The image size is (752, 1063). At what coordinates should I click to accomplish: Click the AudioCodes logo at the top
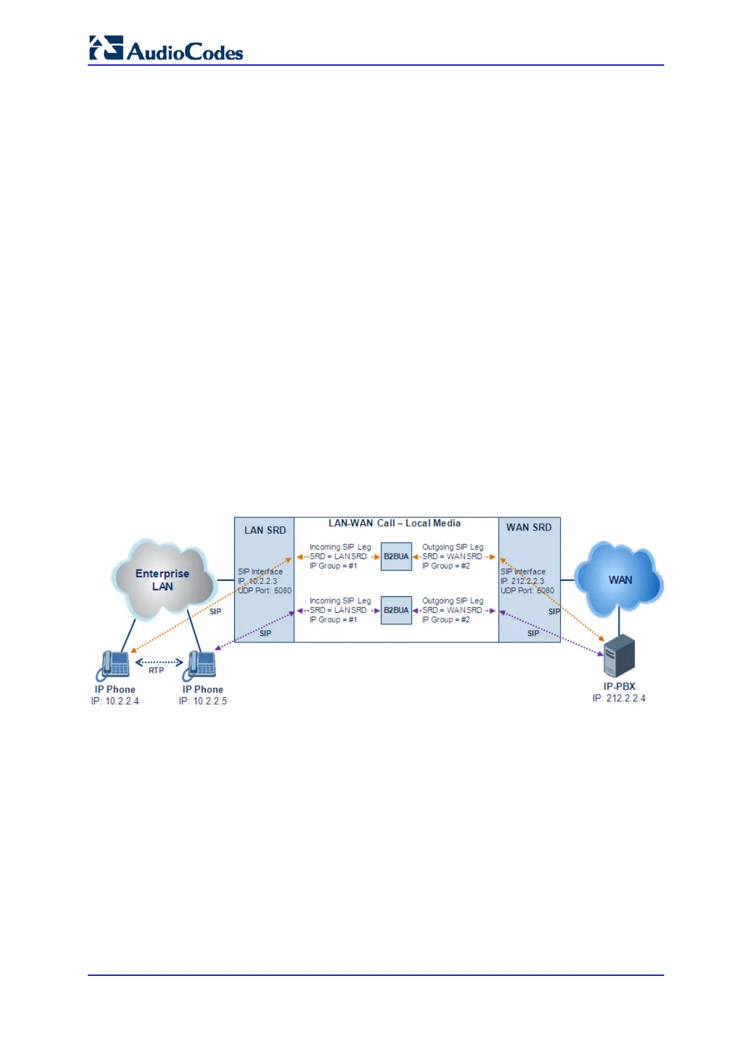(x=166, y=49)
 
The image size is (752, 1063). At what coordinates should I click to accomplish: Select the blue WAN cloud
(x=619, y=580)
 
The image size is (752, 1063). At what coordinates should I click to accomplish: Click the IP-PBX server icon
(x=619, y=657)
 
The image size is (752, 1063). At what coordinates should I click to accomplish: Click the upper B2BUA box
(x=396, y=556)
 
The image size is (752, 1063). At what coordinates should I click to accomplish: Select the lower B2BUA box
(x=396, y=610)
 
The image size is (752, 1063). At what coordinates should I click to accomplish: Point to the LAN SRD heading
(x=265, y=531)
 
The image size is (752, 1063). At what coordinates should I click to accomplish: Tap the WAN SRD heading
(x=528, y=527)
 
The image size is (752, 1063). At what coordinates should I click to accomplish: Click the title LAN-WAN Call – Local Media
(x=394, y=523)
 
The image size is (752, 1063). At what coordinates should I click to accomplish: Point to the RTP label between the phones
(x=156, y=671)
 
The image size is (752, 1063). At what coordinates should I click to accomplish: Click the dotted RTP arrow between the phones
(x=159, y=662)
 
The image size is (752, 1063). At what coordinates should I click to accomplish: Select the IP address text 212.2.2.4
(x=626, y=698)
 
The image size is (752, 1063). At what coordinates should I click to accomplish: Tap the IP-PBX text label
(x=619, y=686)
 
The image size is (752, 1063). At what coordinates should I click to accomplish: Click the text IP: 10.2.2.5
(x=203, y=701)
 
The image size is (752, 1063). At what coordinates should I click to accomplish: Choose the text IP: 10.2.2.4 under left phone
(x=115, y=701)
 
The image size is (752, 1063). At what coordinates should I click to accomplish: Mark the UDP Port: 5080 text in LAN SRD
(x=265, y=591)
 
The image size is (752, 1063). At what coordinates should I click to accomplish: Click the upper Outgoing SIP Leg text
(x=453, y=547)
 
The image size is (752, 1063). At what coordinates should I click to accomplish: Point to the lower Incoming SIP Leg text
(x=340, y=601)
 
